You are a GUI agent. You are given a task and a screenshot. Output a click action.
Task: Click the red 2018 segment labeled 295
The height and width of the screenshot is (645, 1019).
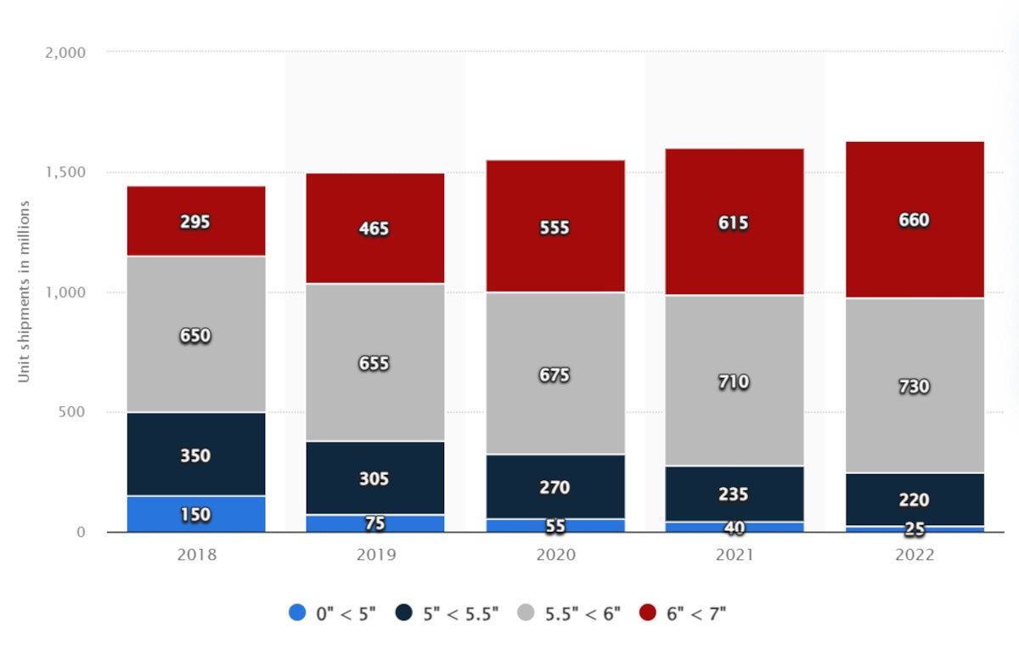pyautogui.click(x=196, y=221)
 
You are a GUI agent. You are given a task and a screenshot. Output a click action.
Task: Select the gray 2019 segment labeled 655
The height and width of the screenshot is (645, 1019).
pyautogui.click(x=375, y=362)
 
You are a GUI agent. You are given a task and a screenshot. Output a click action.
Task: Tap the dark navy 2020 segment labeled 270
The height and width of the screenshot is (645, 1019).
pyautogui.click(x=555, y=487)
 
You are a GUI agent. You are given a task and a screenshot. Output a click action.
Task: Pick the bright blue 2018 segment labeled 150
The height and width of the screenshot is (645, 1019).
pyautogui.click(x=196, y=514)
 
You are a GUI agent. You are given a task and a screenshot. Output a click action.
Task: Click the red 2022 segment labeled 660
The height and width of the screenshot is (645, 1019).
pyautogui.click(x=915, y=220)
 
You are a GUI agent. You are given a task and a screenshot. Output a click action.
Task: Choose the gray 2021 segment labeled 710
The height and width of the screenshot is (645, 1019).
pyautogui.click(x=735, y=381)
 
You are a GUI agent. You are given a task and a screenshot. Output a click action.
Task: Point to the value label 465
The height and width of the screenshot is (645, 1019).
pyautogui.click(x=374, y=229)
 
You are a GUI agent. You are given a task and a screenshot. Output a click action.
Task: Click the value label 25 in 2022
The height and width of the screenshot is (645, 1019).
pyautogui.click(x=915, y=529)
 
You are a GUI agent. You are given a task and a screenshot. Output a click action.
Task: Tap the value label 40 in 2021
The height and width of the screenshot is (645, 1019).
pyautogui.click(x=735, y=527)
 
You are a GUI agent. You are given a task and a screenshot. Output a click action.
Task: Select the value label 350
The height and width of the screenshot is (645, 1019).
pyautogui.click(x=195, y=455)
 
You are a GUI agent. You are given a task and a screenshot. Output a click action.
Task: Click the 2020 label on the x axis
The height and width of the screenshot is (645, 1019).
pyautogui.click(x=555, y=555)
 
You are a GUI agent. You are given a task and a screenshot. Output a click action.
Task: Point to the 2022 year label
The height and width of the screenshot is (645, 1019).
pyautogui.click(x=915, y=555)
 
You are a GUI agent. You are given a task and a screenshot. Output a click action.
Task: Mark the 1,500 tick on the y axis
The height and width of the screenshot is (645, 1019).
pyautogui.click(x=65, y=172)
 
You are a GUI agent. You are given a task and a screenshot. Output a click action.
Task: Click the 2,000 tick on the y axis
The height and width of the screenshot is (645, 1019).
pyautogui.click(x=65, y=53)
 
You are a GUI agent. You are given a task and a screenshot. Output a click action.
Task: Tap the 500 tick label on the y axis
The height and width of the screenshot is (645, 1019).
pyautogui.click(x=72, y=411)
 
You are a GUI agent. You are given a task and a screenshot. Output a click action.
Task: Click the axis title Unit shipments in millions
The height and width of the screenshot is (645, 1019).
pyautogui.click(x=23, y=291)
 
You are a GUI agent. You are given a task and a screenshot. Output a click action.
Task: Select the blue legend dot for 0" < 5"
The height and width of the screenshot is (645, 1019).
pyautogui.click(x=297, y=612)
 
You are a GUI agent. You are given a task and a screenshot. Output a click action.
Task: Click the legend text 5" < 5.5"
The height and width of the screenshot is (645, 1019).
pyautogui.click(x=461, y=614)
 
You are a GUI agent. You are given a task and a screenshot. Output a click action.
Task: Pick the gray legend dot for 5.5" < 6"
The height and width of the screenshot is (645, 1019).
pyautogui.click(x=526, y=612)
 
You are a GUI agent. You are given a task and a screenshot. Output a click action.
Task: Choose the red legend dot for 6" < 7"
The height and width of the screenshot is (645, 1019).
pyautogui.click(x=648, y=612)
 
